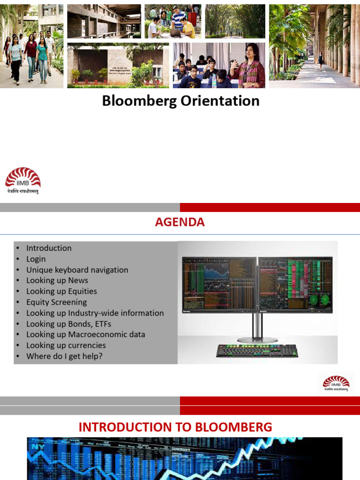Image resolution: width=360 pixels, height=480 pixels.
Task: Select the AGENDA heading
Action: point(180,222)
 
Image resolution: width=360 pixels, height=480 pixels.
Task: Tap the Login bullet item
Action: point(36,259)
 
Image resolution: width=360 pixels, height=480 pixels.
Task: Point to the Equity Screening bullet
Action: point(56,302)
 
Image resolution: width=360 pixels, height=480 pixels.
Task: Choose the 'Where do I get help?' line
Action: point(64,356)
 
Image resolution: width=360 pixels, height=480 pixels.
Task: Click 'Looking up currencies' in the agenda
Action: point(66,345)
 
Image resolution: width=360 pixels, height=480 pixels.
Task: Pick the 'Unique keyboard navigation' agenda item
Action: point(77,270)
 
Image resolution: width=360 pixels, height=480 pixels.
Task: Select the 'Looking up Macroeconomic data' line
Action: point(85,335)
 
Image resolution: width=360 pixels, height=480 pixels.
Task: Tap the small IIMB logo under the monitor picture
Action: point(336,382)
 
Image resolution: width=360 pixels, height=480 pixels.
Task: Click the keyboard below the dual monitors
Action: point(257,351)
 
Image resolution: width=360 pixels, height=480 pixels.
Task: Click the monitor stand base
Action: point(257,339)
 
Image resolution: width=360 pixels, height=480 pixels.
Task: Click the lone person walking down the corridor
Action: point(320,60)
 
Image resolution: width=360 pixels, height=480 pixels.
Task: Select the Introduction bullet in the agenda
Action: point(49,248)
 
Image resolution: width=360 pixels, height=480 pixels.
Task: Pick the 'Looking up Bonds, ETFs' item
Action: point(68,324)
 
